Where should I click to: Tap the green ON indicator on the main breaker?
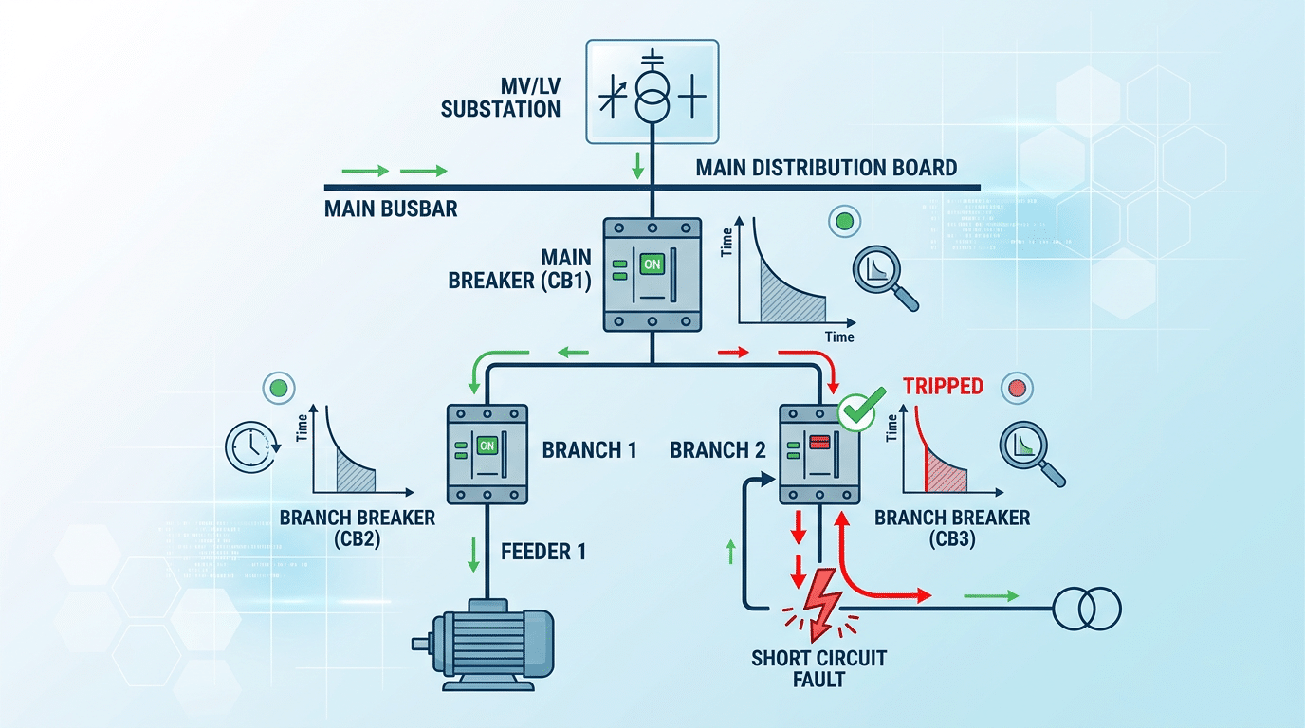point(652,265)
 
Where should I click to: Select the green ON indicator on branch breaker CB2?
point(487,445)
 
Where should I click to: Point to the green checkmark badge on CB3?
point(857,414)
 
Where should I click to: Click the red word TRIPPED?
point(943,387)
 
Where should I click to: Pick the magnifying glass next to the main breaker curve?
point(886,277)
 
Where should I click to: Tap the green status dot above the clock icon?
point(278,389)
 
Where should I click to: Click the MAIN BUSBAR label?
point(391,208)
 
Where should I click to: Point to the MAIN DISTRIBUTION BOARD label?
point(826,168)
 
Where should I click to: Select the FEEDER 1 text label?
point(542,551)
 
